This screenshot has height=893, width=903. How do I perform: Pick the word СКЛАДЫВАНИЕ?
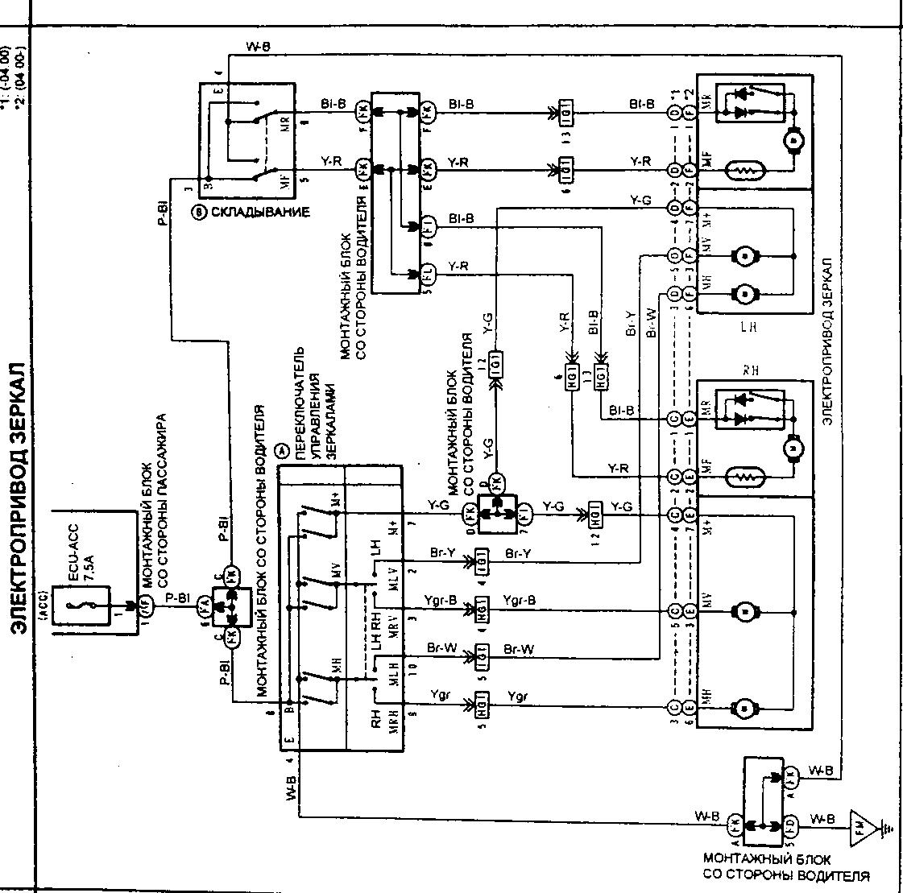coord(259,213)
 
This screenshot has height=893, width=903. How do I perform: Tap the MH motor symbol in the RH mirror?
coord(745,708)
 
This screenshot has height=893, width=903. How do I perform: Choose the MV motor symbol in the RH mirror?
coord(745,611)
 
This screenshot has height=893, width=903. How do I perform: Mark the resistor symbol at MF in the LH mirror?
coord(746,171)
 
